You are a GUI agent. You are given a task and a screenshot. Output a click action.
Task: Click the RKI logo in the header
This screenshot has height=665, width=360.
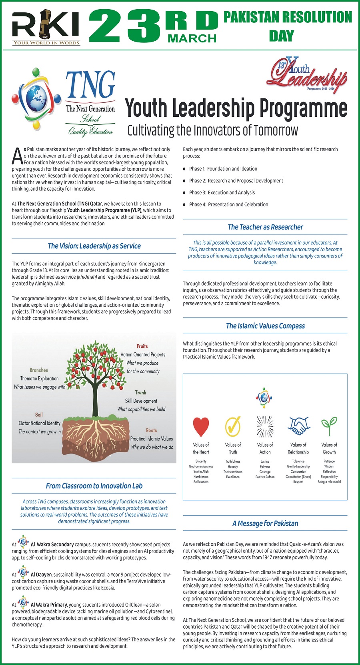46,27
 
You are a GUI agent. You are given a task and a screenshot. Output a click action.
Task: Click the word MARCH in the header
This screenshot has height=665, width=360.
192,38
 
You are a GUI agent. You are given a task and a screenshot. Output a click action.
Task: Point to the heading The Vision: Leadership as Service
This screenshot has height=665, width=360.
94,246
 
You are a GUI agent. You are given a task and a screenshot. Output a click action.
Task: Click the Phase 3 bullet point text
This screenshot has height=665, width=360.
222,192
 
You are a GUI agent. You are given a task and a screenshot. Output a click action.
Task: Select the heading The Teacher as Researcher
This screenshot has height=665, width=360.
265,227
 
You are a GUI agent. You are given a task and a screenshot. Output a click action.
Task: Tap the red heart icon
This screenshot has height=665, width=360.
201,426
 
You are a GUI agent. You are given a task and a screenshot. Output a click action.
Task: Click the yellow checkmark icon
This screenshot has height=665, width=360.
233,426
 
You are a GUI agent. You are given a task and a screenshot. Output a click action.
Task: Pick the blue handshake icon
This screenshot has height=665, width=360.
298,425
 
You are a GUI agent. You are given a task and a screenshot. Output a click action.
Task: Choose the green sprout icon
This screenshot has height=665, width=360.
329,425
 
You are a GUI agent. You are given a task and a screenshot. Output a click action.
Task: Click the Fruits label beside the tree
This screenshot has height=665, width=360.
142,346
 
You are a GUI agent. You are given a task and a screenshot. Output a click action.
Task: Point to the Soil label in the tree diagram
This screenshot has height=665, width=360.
39,415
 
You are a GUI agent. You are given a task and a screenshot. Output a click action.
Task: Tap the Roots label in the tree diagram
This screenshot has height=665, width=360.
151,430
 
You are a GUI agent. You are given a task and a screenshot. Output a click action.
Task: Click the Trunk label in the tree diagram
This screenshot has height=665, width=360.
140,392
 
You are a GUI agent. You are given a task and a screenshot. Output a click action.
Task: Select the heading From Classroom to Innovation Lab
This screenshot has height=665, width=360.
94,486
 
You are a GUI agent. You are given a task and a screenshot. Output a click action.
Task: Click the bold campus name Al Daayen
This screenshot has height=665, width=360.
41,575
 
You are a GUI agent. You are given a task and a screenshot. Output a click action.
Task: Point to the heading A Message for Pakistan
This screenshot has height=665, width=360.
265,523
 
